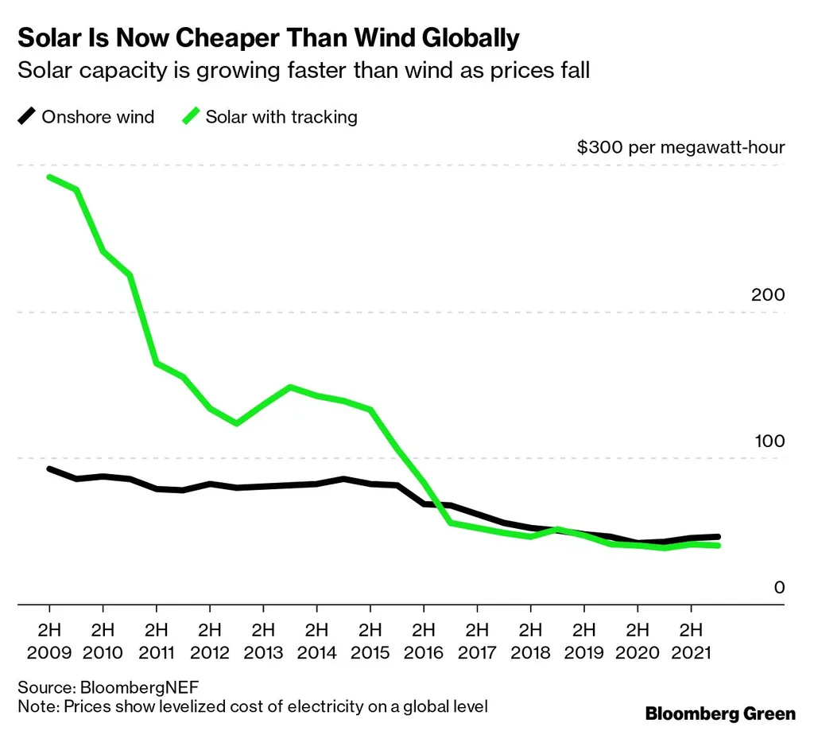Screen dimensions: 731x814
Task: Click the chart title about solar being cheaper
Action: click(x=269, y=37)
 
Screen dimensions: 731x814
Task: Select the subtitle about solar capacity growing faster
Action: click(x=304, y=70)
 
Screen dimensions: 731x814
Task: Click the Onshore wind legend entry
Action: click(x=87, y=117)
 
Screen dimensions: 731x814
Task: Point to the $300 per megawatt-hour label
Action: click(x=681, y=147)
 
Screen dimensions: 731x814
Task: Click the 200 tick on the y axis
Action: click(x=768, y=295)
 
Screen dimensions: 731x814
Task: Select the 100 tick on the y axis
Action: click(x=768, y=441)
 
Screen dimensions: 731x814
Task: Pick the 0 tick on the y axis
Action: click(x=779, y=588)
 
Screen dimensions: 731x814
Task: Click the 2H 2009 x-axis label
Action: click(x=49, y=641)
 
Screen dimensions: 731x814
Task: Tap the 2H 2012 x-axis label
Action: click(x=210, y=641)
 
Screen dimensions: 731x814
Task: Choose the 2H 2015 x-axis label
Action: click(x=370, y=641)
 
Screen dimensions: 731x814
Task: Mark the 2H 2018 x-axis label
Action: click(x=531, y=641)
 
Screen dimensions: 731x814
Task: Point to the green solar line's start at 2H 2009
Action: click(x=49, y=177)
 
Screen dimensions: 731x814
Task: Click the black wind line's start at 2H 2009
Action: click(x=49, y=469)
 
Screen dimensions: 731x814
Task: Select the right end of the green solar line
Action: click(x=718, y=545)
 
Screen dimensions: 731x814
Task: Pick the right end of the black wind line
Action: click(x=718, y=538)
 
